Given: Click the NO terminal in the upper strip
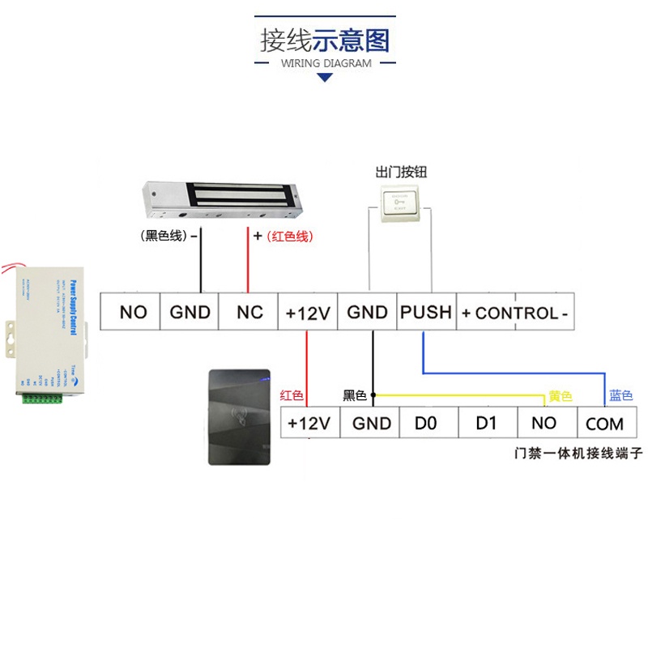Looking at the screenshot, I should pyautogui.click(x=133, y=312).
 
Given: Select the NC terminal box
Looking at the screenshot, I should pyautogui.click(x=249, y=312).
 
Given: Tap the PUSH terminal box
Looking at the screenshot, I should pyautogui.click(x=426, y=312).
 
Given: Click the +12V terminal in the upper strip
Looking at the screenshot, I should pyautogui.click(x=308, y=312).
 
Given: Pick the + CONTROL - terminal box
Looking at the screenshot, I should pyautogui.click(x=515, y=312).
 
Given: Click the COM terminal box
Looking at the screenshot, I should pyautogui.click(x=604, y=423).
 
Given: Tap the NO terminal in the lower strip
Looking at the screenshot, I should pyautogui.click(x=544, y=423).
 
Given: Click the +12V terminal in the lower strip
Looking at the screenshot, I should pyautogui.click(x=309, y=423).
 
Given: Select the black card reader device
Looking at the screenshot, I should pyautogui.click(x=239, y=416).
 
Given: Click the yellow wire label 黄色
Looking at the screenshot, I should pyautogui.click(x=561, y=396).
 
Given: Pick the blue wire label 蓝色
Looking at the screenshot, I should pyautogui.click(x=621, y=396).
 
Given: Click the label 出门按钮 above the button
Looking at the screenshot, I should pyautogui.click(x=401, y=172).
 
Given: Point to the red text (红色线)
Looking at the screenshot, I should pyautogui.click(x=289, y=237).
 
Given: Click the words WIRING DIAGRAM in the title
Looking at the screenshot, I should pyautogui.click(x=326, y=63).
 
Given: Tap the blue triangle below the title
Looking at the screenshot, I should pyautogui.click(x=325, y=78).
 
